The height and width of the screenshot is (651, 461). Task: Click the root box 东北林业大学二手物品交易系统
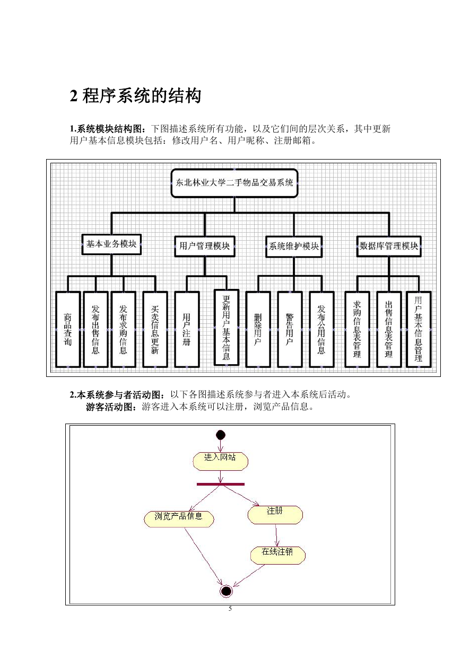tap(234, 183)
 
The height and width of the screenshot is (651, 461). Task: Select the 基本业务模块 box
tap(111, 244)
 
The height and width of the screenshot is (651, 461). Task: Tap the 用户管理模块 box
tap(205, 247)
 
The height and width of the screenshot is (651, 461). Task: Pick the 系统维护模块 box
tap(294, 247)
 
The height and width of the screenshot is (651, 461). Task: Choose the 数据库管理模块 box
tap(389, 247)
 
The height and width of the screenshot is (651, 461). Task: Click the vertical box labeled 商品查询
tap(68, 329)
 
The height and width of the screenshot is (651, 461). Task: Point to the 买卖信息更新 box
tap(155, 329)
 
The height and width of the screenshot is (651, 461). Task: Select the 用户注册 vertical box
tap(187, 329)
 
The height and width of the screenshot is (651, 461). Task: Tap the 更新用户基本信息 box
tap(227, 328)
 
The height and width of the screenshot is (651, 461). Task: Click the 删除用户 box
tap(258, 329)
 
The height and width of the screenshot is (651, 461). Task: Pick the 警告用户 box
tap(290, 329)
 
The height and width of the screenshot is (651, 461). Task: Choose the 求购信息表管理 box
tap(357, 329)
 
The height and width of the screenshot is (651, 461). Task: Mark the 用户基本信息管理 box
tap(419, 329)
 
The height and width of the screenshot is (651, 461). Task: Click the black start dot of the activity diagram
tap(221, 435)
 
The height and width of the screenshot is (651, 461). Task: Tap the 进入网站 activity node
tap(220, 461)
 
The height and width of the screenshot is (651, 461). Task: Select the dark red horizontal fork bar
tap(221, 484)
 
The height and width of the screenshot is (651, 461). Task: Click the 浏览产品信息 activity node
tap(179, 519)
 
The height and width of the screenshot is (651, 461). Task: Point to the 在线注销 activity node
tap(278, 556)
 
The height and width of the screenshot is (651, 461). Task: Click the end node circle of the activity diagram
tap(227, 591)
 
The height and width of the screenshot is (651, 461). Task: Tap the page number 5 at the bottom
tap(230, 609)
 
